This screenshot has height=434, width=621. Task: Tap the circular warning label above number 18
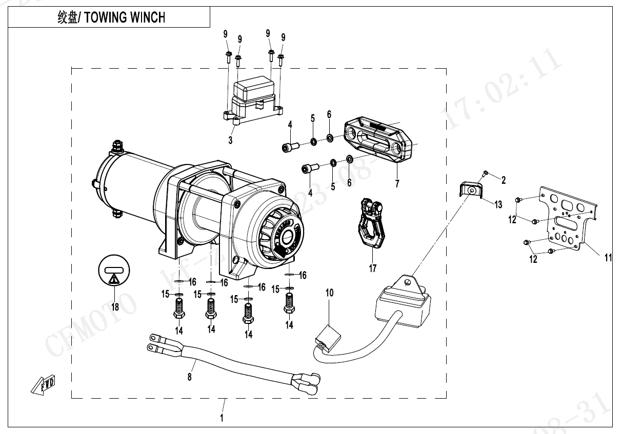point(114,273)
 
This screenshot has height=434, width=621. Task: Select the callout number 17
point(372,268)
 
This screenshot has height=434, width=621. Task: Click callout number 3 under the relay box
point(230,139)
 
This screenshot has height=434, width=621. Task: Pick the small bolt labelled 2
point(485,173)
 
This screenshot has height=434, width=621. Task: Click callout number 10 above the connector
point(329,293)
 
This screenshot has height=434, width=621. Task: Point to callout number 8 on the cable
point(190,377)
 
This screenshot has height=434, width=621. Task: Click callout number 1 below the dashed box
point(222,418)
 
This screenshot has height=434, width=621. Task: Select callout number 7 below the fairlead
point(396,183)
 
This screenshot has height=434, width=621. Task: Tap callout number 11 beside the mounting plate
point(608,258)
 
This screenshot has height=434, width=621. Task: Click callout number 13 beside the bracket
point(498,205)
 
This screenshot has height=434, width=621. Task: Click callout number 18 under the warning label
point(114,307)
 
